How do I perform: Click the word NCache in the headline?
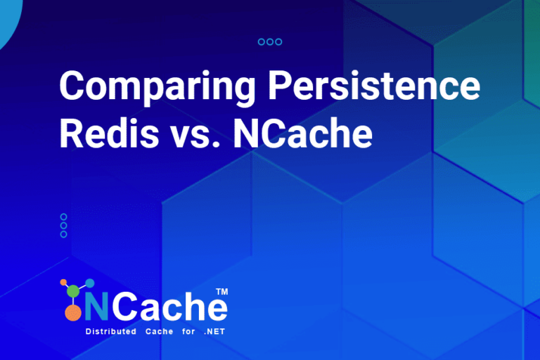click(x=302, y=133)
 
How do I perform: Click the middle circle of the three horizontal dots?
click(x=270, y=42)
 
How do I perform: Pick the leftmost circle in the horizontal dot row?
click(x=262, y=42)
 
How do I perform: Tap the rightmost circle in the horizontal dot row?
click(x=278, y=42)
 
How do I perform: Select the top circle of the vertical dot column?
click(x=64, y=217)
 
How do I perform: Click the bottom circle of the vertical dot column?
click(x=64, y=234)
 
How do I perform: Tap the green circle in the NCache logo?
click(x=73, y=291)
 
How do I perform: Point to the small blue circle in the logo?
click(x=89, y=283)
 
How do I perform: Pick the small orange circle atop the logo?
click(x=63, y=283)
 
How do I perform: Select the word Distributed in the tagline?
click(x=110, y=331)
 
